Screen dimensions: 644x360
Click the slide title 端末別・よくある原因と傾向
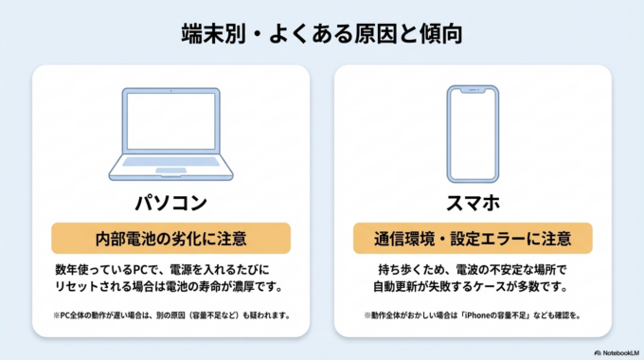pyautogui.click(x=322, y=34)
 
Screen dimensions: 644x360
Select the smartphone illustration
pyautogui.click(x=473, y=135)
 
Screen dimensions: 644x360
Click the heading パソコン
pyautogui.click(x=170, y=203)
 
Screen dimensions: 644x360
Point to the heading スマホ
pyautogui.click(x=473, y=203)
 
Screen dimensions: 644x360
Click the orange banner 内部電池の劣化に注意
pyautogui.click(x=170, y=237)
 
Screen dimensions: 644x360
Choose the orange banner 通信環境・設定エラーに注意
pyautogui.click(x=473, y=237)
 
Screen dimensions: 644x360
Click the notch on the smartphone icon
pyautogui.click(x=473, y=91)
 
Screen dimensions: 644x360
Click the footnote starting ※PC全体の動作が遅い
pyautogui.click(x=170, y=315)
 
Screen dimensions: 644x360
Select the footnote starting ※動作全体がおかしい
pyautogui.click(x=473, y=315)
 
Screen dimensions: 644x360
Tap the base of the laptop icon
pyautogui.click(x=170, y=174)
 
